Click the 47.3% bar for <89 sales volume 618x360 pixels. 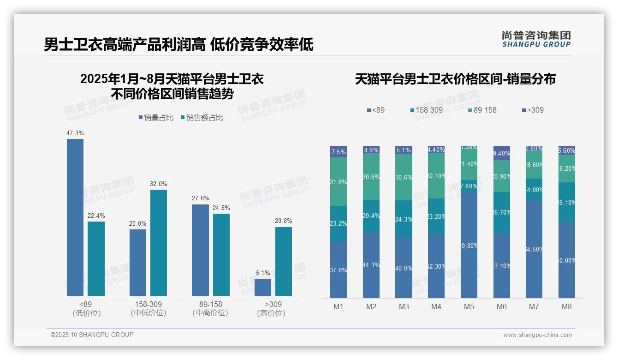pos(75,217)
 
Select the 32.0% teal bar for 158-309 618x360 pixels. pos(159,242)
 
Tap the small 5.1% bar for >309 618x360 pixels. pos(263,287)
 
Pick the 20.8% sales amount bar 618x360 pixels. pos(284,261)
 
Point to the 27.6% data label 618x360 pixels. pos(200,198)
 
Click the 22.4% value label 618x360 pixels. pos(96,216)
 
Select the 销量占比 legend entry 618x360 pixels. pos(156,118)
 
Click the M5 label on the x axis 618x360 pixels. pos(469,306)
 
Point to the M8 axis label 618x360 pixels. pos(567,306)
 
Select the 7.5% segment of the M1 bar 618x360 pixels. pos(339,152)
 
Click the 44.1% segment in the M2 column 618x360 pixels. pos(371,264)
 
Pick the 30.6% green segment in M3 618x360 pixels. pos(404,177)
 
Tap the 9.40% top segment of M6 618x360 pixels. pos(502,153)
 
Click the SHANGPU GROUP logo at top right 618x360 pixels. pos(536,39)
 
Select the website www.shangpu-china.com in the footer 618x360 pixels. pos(537,335)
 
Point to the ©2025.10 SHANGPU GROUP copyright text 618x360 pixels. pos(92,335)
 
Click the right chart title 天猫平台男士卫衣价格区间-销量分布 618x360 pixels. pos(455,79)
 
